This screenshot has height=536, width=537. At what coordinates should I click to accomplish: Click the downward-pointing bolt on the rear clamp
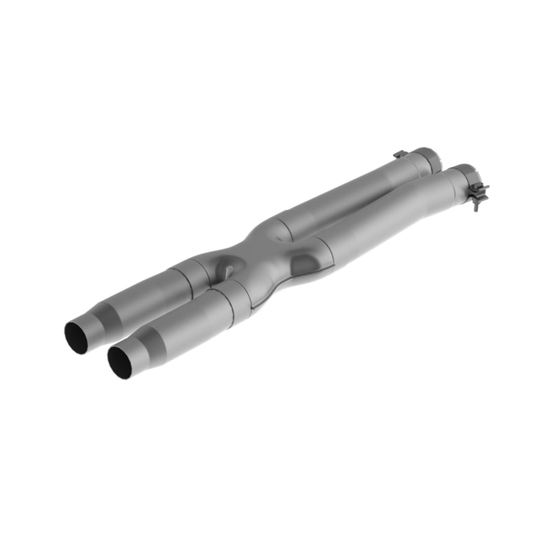click(476, 204)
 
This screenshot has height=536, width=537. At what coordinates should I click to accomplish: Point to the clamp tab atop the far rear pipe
click(398, 155)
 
